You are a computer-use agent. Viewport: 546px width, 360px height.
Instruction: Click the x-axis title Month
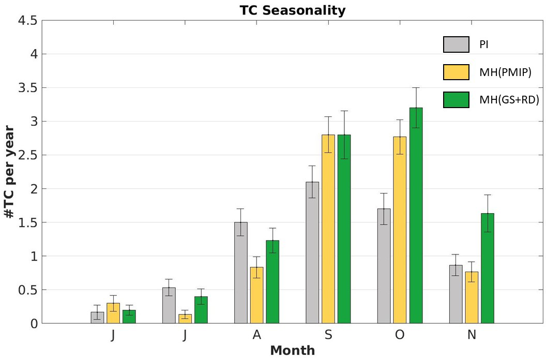click(x=292, y=351)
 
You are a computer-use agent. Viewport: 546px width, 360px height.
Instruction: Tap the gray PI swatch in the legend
click(x=456, y=44)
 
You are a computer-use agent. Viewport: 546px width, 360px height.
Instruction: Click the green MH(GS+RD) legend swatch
click(x=456, y=100)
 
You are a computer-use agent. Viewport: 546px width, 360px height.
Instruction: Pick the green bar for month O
click(x=416, y=215)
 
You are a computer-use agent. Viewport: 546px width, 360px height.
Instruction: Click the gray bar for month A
click(x=241, y=273)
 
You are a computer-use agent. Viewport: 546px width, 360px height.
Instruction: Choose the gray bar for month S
click(x=312, y=252)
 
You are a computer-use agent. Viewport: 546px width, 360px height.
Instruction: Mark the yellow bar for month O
click(x=400, y=230)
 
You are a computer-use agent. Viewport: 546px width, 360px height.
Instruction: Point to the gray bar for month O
click(x=384, y=266)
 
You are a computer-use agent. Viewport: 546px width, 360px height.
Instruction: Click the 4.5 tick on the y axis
click(x=27, y=21)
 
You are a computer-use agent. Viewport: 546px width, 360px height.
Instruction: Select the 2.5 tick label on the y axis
click(x=27, y=155)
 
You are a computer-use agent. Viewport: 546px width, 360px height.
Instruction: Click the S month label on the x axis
click(x=328, y=335)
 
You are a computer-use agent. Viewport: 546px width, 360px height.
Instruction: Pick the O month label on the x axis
click(x=400, y=335)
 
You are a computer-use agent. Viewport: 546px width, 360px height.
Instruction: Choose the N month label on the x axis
click(x=472, y=335)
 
